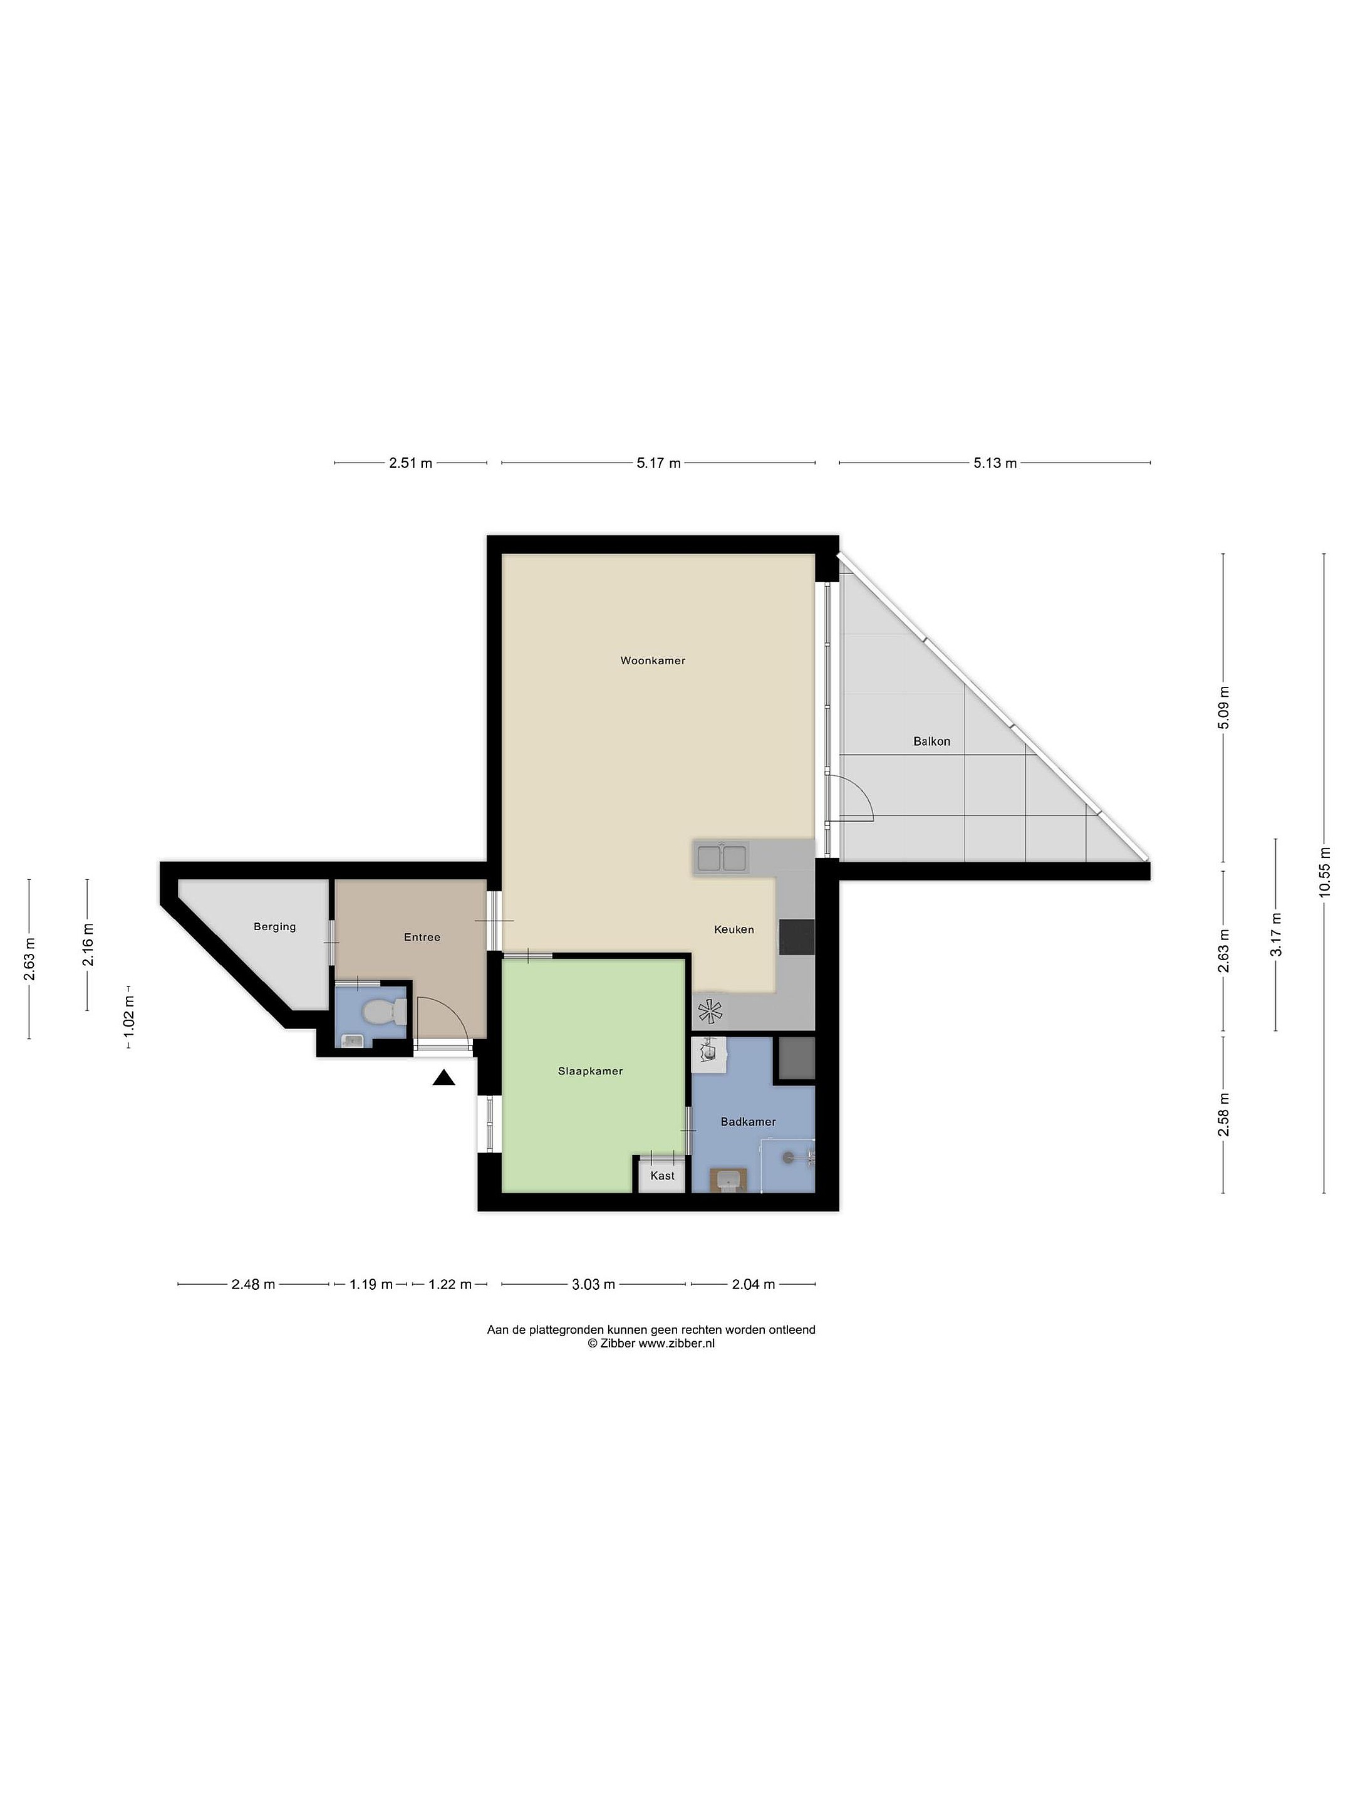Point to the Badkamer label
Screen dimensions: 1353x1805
pyautogui.click(x=748, y=1122)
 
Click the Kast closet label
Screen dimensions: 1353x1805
pyautogui.click(x=662, y=1176)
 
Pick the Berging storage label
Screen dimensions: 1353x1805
pyautogui.click(x=274, y=927)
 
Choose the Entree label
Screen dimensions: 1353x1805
pyautogui.click(x=422, y=938)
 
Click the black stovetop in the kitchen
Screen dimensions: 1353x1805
pyautogui.click(x=797, y=937)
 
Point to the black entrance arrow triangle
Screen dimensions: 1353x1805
pyautogui.click(x=443, y=1078)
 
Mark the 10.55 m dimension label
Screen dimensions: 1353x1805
pyautogui.click(x=1324, y=872)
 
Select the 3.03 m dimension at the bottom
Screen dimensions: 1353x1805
pyautogui.click(x=593, y=1284)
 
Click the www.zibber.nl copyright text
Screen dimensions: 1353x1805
pyautogui.click(x=651, y=1344)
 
